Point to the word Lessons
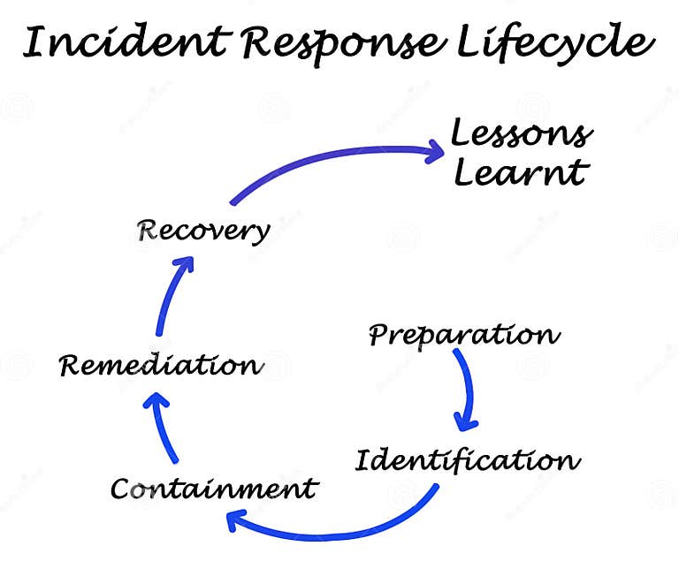[x=521, y=134]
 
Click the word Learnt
[x=520, y=172]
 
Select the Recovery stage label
[x=202, y=231]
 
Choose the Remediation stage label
[x=160, y=365]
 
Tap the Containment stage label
[x=213, y=488]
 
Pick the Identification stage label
[x=468, y=460]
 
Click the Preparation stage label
[x=464, y=335]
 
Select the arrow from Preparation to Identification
[x=469, y=389]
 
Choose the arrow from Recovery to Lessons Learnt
[x=336, y=159]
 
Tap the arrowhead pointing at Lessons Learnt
[x=433, y=151]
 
